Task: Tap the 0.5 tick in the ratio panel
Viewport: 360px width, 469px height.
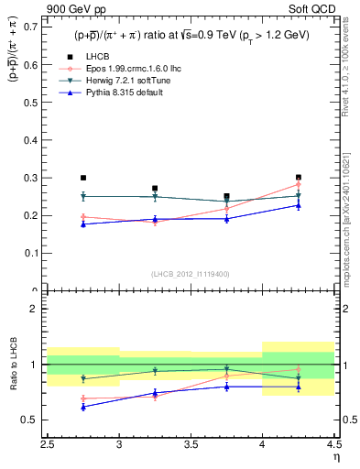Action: [32, 420]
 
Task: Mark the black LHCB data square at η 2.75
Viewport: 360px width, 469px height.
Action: [83, 178]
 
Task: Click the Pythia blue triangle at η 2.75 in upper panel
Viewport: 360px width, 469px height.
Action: [83, 224]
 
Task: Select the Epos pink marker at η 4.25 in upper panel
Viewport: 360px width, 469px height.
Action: [298, 184]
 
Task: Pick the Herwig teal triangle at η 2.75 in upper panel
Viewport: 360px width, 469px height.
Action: [83, 196]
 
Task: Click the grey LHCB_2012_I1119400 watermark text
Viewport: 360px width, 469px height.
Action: [191, 274]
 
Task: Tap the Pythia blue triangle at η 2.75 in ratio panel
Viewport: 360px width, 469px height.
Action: [83, 407]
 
